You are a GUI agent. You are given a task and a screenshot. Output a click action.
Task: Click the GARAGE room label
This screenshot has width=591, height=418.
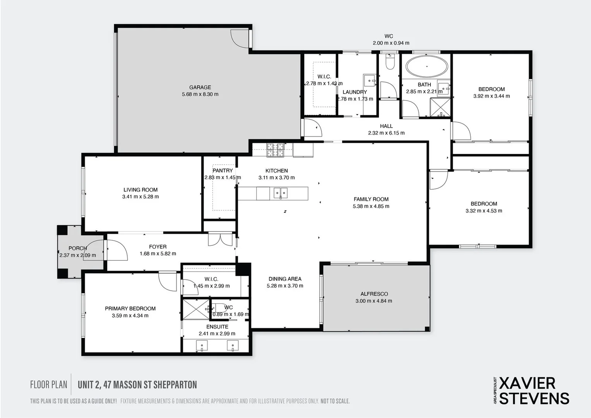coord(200,87)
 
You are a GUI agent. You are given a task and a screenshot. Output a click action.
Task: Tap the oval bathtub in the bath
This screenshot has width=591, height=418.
coord(427,66)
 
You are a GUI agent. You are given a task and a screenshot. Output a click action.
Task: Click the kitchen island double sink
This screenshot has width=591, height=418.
coord(281,193)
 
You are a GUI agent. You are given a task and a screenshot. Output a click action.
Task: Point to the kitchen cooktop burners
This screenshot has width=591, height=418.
coord(275,150)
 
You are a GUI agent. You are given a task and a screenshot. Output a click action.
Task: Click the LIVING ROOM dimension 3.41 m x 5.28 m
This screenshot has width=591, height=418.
coord(140,197)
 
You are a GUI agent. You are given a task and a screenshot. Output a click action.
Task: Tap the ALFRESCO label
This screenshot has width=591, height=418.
coord(374,294)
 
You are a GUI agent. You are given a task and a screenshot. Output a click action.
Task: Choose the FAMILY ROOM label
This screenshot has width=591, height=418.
coord(371,199)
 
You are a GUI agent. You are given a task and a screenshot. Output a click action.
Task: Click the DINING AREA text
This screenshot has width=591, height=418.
coord(285,279)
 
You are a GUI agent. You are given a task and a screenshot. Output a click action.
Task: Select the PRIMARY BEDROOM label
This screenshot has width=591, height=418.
coord(130,308)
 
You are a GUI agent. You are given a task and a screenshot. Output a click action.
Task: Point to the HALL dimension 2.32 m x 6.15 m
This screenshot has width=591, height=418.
coord(386,133)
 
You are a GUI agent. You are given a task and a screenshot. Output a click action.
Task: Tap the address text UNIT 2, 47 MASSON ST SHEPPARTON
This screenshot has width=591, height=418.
coord(137,385)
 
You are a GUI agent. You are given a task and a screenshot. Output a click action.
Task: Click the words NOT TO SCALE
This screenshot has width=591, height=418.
coord(335,401)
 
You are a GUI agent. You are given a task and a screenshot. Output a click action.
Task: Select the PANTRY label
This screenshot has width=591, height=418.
coord(223,171)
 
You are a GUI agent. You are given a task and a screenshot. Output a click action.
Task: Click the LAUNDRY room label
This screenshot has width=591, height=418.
coord(355,92)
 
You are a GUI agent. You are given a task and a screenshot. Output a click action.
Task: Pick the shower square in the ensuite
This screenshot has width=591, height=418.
coord(196,309)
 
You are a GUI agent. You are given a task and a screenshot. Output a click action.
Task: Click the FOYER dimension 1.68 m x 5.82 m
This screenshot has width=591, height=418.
coord(158,254)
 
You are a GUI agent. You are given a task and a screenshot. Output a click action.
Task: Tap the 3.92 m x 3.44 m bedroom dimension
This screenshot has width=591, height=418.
coord(492,96)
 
